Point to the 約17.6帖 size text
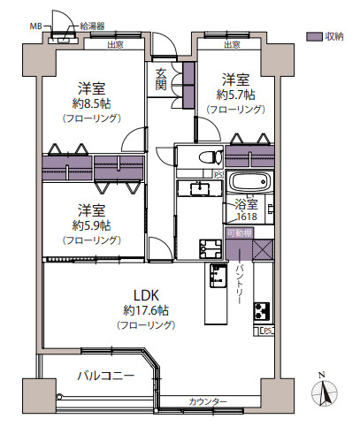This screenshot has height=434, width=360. pyautogui.click(x=147, y=310)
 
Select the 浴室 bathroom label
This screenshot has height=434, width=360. pyautogui.click(x=246, y=204)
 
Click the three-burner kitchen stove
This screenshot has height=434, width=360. pyautogui.click(x=263, y=312)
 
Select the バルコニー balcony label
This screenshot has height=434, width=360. pyautogui.click(x=104, y=376)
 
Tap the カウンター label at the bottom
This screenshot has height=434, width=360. pyautogui.click(x=208, y=403)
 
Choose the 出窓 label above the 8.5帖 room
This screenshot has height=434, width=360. pyautogui.click(x=115, y=44)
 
